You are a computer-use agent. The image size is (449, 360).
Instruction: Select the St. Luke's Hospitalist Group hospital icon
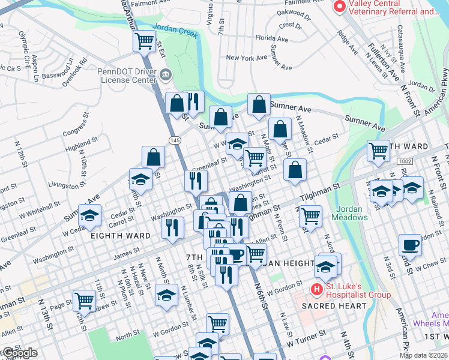317,290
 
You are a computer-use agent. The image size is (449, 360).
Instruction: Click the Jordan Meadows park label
351,213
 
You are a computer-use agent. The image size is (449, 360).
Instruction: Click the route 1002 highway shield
404,162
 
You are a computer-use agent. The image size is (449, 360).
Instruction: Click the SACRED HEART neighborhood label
334,306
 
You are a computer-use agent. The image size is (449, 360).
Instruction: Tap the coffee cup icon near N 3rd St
411,245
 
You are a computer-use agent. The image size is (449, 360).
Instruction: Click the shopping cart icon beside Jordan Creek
144,41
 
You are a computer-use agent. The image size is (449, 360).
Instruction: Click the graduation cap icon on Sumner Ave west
89,215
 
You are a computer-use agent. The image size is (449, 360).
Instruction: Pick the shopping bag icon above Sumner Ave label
259,104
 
